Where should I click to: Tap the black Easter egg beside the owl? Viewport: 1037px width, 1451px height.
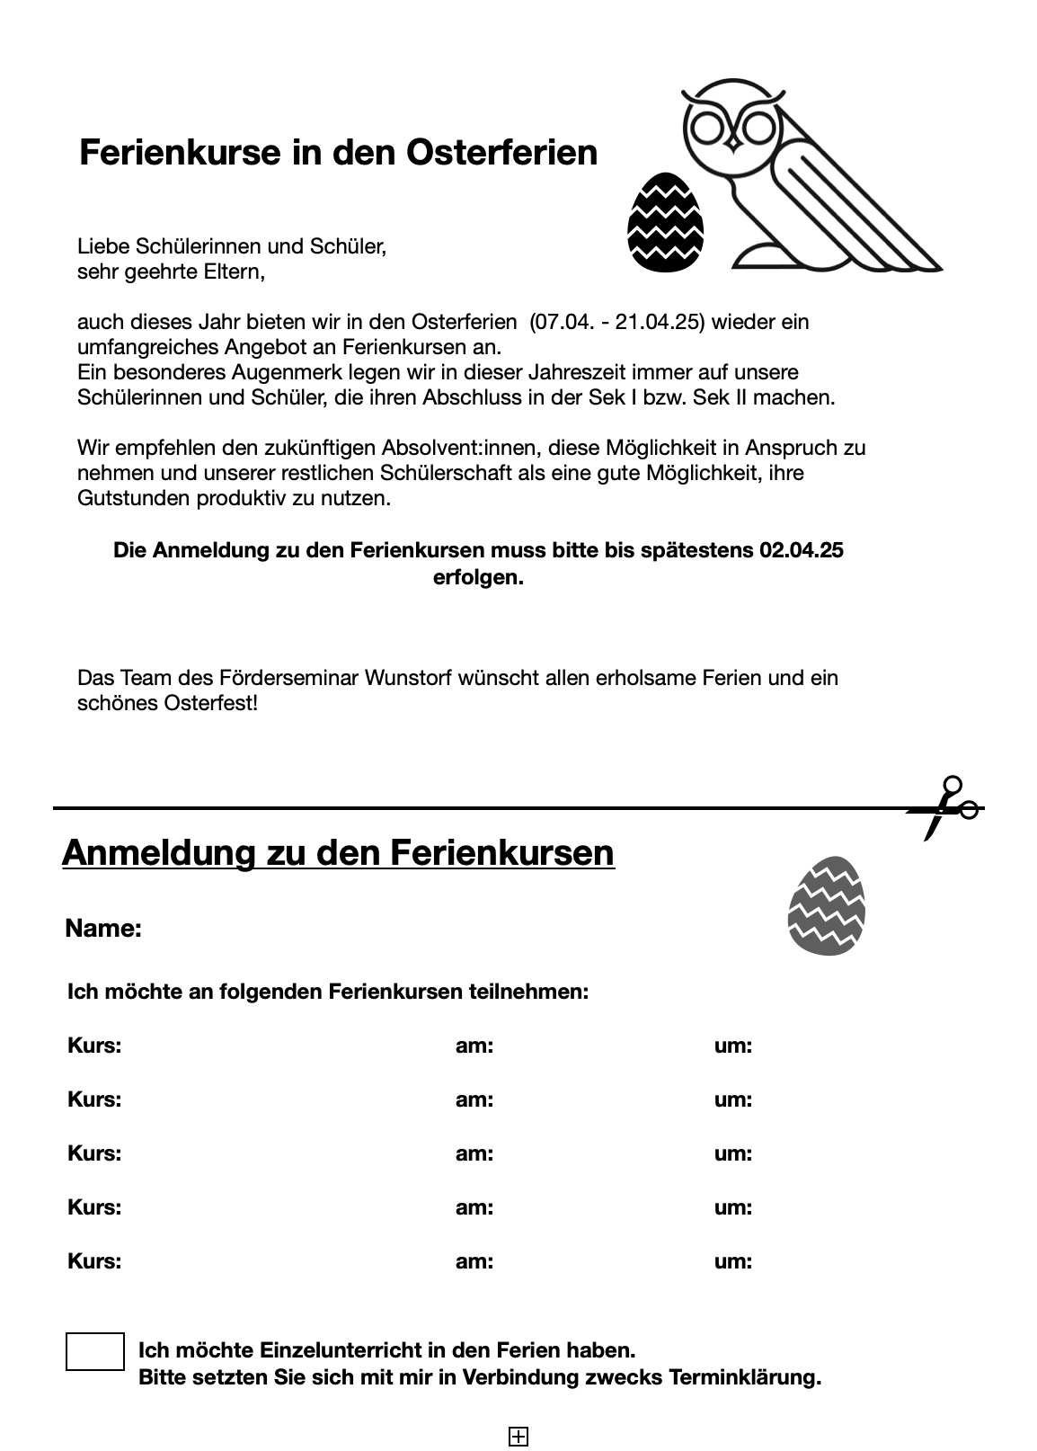665,222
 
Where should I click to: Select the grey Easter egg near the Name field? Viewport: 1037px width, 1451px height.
826,906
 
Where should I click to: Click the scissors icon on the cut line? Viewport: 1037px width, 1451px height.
944,808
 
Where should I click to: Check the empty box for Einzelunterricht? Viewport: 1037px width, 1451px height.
95,1351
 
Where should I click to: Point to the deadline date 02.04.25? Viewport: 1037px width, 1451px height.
801,550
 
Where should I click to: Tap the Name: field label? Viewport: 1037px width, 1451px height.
103,929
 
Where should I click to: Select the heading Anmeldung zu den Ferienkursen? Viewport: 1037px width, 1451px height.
338,852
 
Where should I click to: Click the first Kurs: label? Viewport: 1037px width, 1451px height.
94,1046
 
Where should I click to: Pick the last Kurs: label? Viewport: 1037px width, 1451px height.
94,1261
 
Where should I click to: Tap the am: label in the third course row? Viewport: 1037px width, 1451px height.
474,1153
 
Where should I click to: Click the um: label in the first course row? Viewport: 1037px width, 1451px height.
733,1046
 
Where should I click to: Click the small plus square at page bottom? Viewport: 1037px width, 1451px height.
518,1437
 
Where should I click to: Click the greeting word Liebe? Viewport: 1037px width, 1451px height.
103,246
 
